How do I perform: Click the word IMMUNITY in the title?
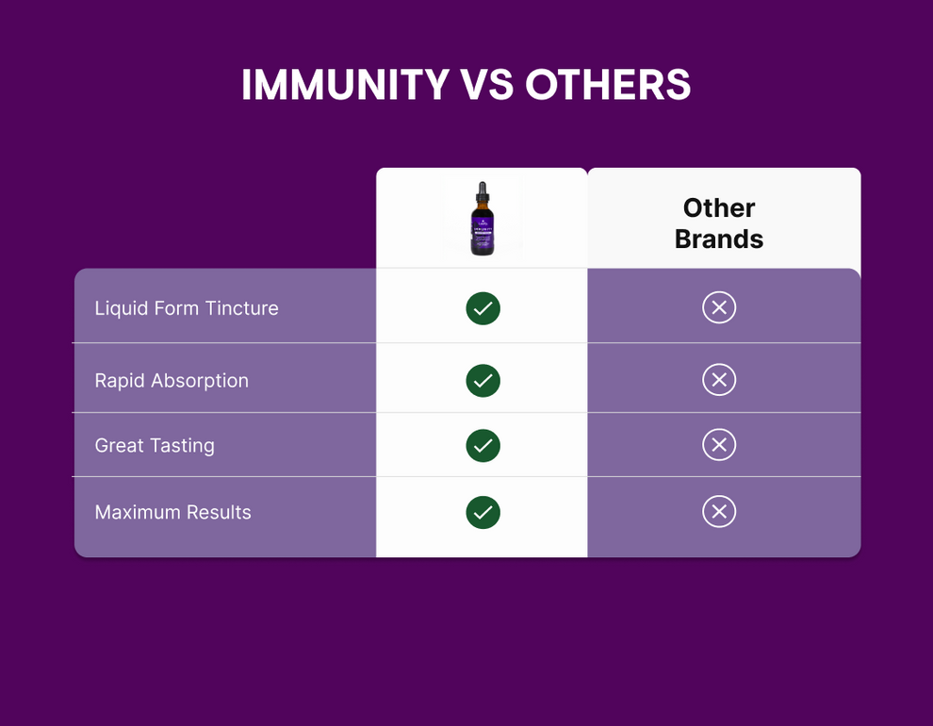[x=345, y=85]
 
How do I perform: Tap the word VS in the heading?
[x=487, y=85]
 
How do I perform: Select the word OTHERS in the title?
[x=608, y=85]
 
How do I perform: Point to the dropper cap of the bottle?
[x=483, y=192]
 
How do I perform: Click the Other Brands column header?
[x=719, y=223]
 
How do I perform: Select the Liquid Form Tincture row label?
[x=187, y=308]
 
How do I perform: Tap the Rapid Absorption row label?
[x=172, y=380]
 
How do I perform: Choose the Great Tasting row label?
[x=155, y=445]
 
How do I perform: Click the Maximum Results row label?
[x=172, y=512]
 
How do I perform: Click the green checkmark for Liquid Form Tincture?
[x=483, y=308]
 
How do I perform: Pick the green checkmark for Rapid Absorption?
[x=483, y=380]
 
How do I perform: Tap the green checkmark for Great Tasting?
[x=483, y=445]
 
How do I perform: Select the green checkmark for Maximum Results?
[x=483, y=512]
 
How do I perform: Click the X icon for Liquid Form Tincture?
[x=719, y=307]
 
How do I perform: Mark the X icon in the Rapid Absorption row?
[x=719, y=379]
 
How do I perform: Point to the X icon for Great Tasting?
[x=719, y=444]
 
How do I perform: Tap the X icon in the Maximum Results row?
[x=719, y=511]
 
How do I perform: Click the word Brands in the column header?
[x=719, y=239]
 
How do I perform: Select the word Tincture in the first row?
[x=243, y=308]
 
